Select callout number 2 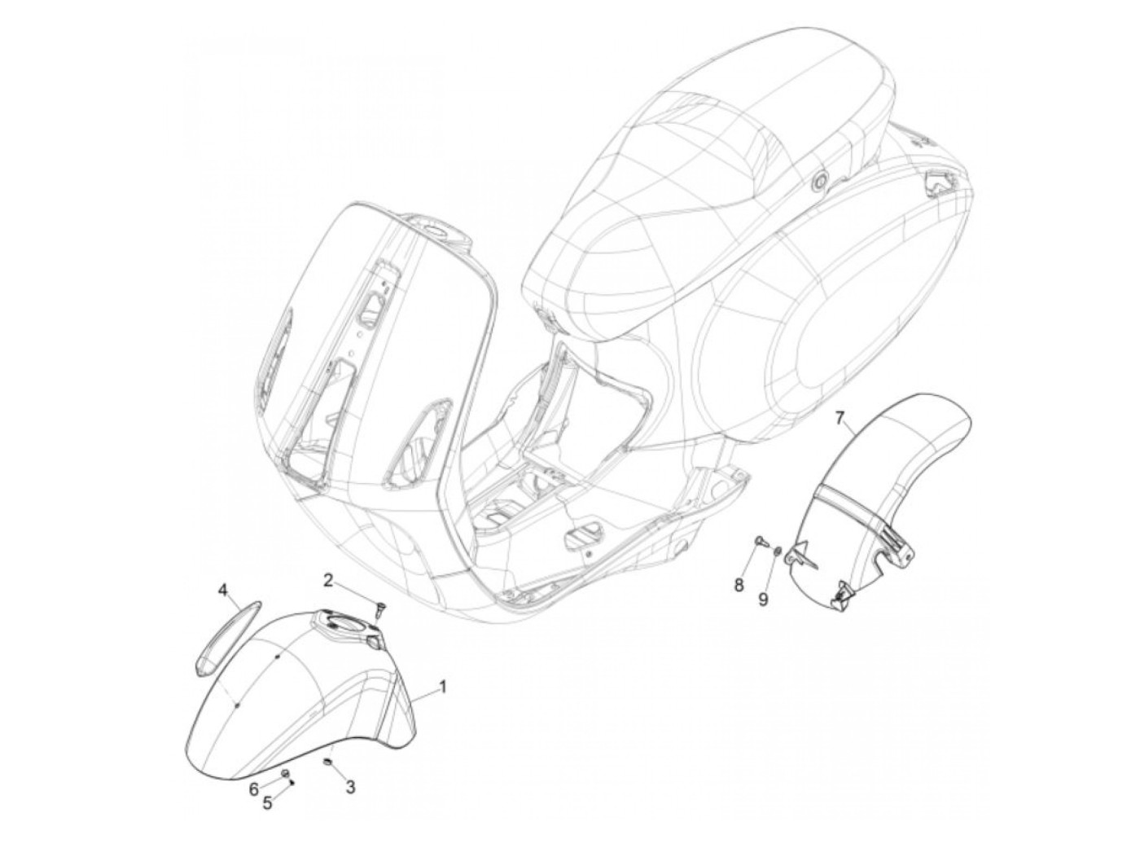pyautogui.click(x=328, y=580)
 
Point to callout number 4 pyautogui.click(x=221, y=589)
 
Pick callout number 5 pyautogui.click(x=266, y=802)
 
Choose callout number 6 pyautogui.click(x=253, y=789)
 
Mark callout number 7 pyautogui.click(x=841, y=420)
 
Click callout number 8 pyautogui.click(x=739, y=584)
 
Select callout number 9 pyautogui.click(x=764, y=599)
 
